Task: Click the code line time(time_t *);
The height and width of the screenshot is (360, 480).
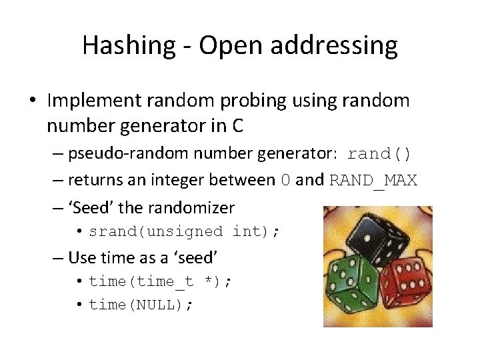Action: [x=161, y=281]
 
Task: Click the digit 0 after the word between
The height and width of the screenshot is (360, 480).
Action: [x=286, y=180]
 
